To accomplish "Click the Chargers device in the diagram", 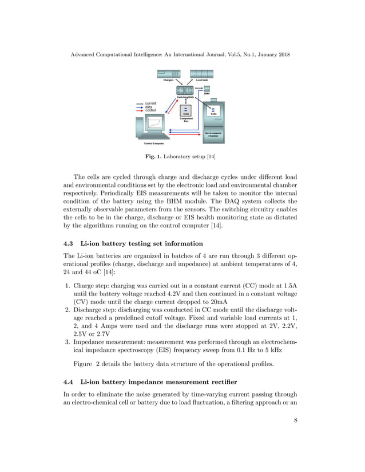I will [x=168, y=74].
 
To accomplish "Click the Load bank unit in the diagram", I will [x=201, y=74].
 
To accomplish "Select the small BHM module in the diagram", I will [x=207, y=89].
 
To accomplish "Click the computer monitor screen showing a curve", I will [x=154, y=124].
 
